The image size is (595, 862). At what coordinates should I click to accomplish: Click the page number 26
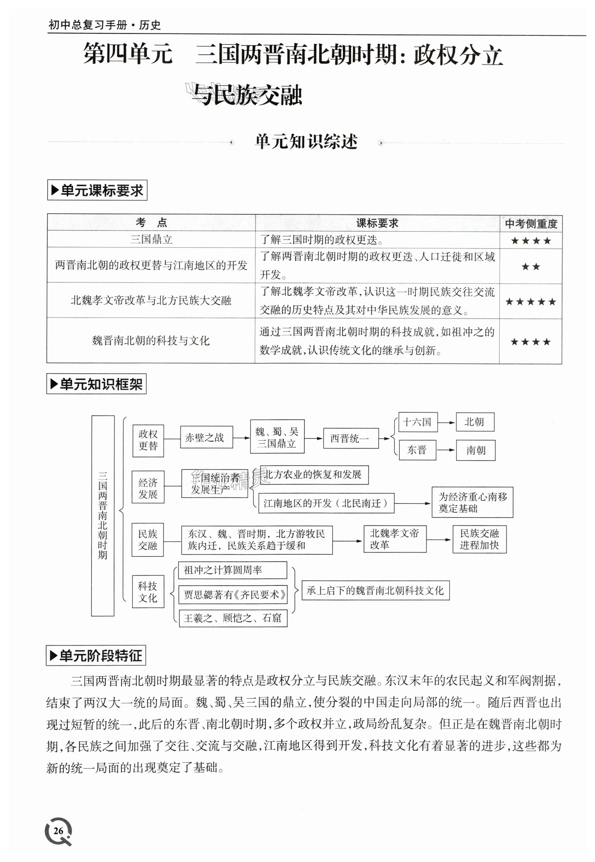point(58,831)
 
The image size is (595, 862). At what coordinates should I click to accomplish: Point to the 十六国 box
point(418,422)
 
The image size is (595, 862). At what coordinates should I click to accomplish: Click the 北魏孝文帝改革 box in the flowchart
point(395,539)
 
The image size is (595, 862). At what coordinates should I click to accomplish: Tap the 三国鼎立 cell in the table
point(151,240)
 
